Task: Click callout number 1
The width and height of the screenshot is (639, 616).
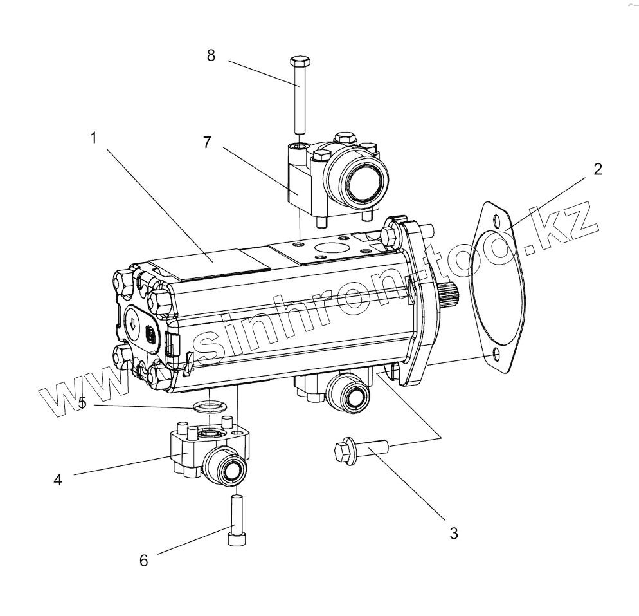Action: point(94,138)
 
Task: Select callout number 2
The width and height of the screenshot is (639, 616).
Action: point(598,169)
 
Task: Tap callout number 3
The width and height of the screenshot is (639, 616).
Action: point(453,533)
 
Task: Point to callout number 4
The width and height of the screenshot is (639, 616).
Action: point(58,480)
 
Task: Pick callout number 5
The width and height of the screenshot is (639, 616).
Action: point(82,404)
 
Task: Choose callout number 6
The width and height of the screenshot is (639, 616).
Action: point(143,560)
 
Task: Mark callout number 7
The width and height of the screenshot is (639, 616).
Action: point(207,143)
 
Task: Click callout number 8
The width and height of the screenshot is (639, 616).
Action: point(211,55)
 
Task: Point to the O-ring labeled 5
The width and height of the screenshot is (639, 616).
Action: point(207,406)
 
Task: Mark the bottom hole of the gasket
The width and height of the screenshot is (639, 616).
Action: point(496,355)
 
